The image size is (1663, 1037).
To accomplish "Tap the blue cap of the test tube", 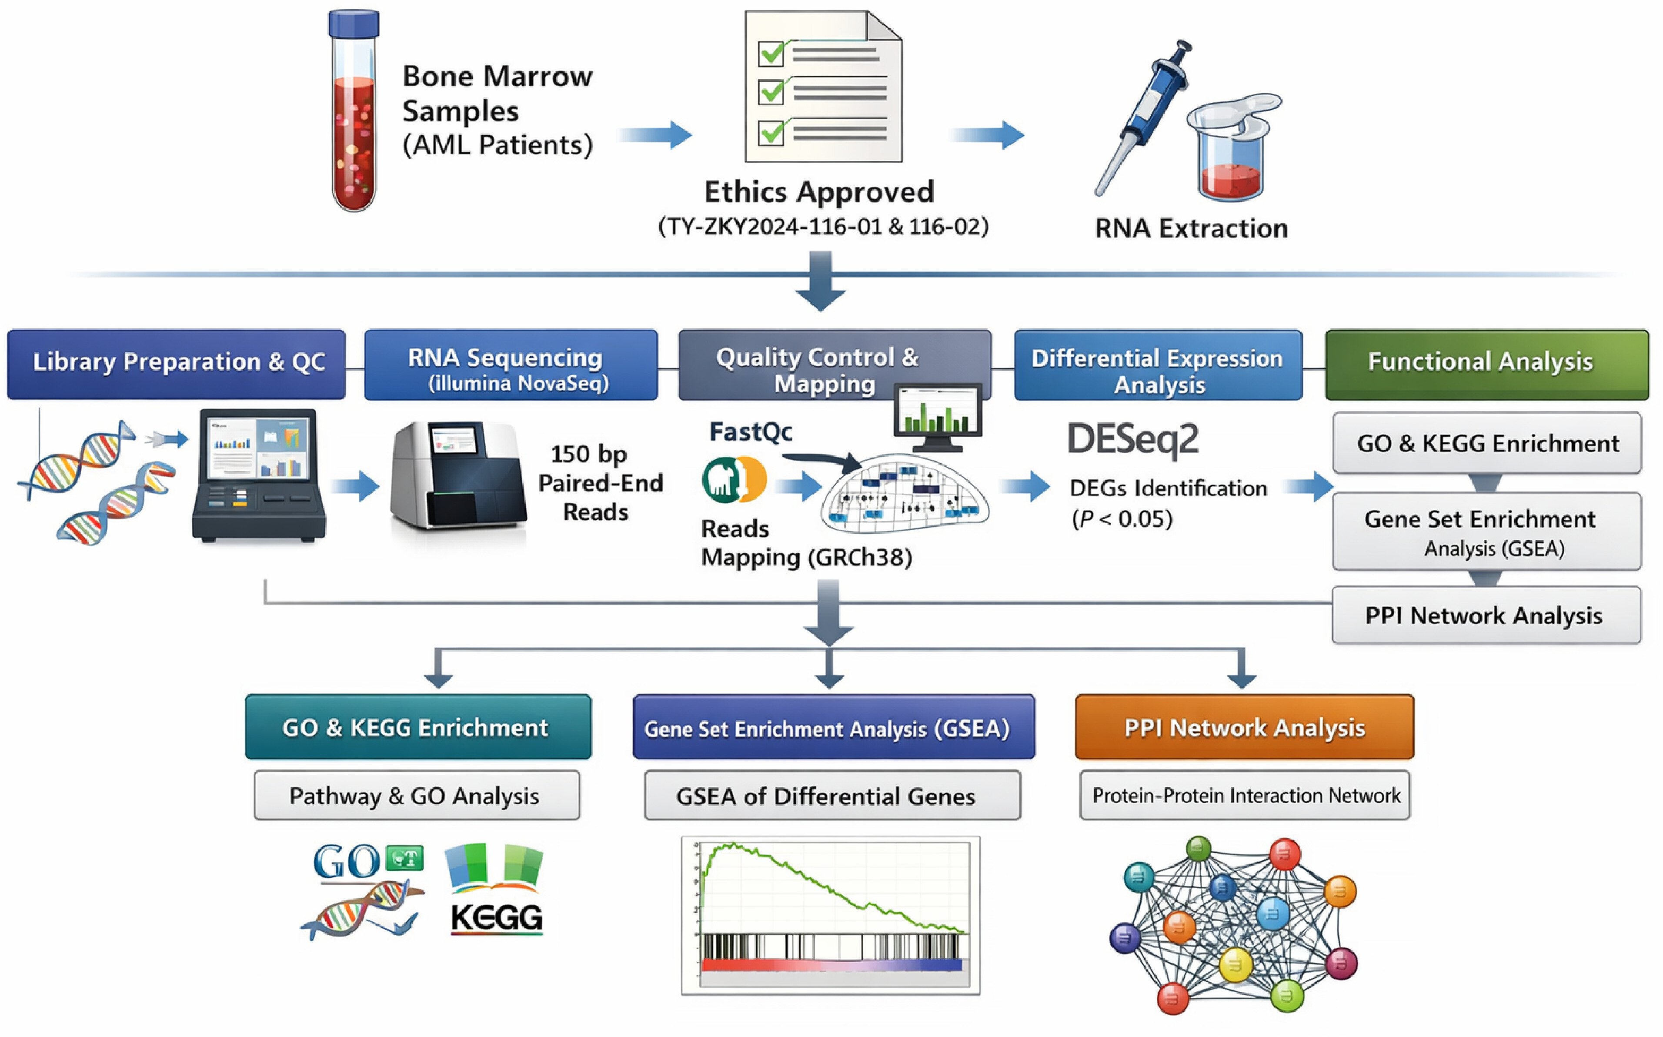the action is [x=354, y=23].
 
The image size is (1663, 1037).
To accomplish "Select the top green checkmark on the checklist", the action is [x=772, y=52].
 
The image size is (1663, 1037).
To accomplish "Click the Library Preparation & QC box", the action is [x=176, y=364].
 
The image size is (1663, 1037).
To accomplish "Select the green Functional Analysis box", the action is [x=1487, y=364].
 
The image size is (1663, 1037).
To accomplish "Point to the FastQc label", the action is [x=751, y=432].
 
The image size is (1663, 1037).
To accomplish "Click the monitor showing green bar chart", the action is [x=938, y=415].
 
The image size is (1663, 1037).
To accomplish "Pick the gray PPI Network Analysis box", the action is [x=1486, y=615].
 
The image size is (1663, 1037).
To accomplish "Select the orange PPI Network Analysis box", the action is [x=1244, y=727].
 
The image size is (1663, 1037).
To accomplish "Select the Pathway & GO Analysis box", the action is [x=417, y=796].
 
